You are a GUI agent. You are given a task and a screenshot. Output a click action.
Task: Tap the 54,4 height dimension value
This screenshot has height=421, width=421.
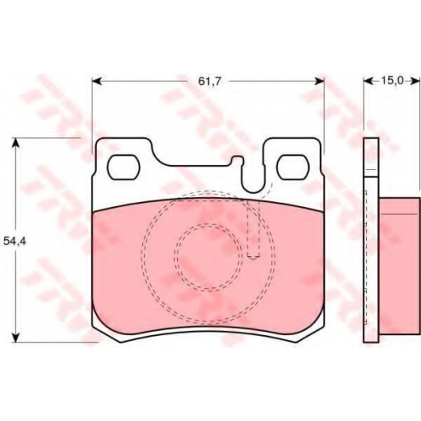(x=14, y=241)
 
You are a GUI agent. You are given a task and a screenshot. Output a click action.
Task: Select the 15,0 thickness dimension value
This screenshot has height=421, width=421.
(x=392, y=81)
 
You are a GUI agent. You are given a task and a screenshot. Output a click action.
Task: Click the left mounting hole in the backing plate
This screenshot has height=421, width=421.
(x=124, y=168)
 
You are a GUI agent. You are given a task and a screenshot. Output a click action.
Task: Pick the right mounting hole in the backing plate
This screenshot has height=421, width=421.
(x=293, y=168)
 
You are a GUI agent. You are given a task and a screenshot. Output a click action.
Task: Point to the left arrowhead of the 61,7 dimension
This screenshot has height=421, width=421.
(x=97, y=81)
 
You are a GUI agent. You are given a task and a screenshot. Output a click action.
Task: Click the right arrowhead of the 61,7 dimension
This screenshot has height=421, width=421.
(x=320, y=81)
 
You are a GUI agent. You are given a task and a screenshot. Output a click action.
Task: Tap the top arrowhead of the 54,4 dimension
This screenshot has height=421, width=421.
(x=17, y=142)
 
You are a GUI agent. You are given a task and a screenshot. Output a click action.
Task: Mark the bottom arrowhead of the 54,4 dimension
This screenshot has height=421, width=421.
(x=17, y=338)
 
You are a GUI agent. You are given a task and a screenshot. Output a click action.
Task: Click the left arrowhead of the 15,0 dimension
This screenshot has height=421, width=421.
(x=368, y=81)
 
